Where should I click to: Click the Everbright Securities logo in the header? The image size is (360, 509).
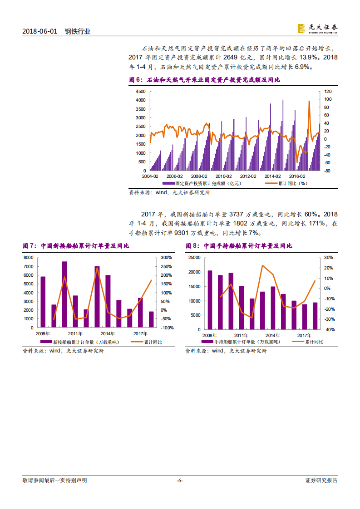coord(318,28)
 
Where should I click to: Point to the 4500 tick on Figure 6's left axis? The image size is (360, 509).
coord(140,91)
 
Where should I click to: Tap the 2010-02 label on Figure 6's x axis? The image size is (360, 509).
coord(223,176)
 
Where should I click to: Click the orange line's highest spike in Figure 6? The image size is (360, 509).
coord(309,102)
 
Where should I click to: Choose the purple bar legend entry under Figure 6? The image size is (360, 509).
coord(202,184)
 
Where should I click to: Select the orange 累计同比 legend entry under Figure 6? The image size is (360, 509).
coord(286,184)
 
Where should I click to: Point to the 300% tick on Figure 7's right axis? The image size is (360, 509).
coord(167,258)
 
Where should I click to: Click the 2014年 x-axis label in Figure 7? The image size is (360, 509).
coord(108,333)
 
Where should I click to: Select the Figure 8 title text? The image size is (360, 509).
coord(239,246)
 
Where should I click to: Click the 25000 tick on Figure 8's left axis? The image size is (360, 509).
coord(194,258)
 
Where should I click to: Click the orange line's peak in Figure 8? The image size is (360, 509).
coord(262,265)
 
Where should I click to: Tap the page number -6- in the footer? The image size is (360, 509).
coord(180,480)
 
